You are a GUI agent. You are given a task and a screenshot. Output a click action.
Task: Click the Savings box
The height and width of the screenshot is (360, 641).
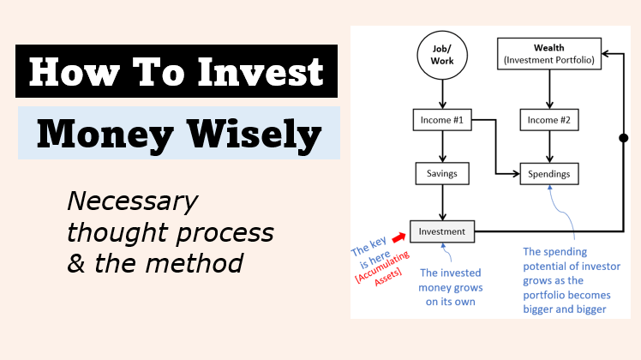[x=442, y=173]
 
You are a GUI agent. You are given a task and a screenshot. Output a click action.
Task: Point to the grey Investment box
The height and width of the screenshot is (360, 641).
[x=442, y=231]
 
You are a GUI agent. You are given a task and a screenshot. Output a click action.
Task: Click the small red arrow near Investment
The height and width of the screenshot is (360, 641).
[x=398, y=237]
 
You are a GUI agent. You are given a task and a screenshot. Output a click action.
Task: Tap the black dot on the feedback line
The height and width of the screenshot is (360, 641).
[x=623, y=138]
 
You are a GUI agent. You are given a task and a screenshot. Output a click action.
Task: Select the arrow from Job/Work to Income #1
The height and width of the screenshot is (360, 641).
[x=442, y=94]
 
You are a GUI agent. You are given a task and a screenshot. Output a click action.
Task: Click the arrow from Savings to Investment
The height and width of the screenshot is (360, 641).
[x=442, y=202]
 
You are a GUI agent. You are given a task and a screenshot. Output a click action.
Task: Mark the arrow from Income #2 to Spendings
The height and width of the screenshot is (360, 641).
[x=549, y=147]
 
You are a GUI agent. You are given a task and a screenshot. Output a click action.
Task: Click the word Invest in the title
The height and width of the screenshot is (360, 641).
[x=261, y=72]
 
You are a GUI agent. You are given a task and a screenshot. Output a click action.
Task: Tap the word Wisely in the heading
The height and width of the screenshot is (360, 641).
[x=254, y=135]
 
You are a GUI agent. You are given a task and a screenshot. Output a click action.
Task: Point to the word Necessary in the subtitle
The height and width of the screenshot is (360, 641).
[x=133, y=201]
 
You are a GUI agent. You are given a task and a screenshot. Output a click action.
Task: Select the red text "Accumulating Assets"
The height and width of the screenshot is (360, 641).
[x=383, y=268]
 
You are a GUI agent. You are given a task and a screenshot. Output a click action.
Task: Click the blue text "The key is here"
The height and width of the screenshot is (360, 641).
[x=370, y=252]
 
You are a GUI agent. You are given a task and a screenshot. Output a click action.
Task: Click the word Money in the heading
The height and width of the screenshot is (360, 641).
[x=105, y=135]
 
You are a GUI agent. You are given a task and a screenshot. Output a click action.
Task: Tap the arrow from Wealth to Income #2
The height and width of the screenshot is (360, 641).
[x=549, y=89]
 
